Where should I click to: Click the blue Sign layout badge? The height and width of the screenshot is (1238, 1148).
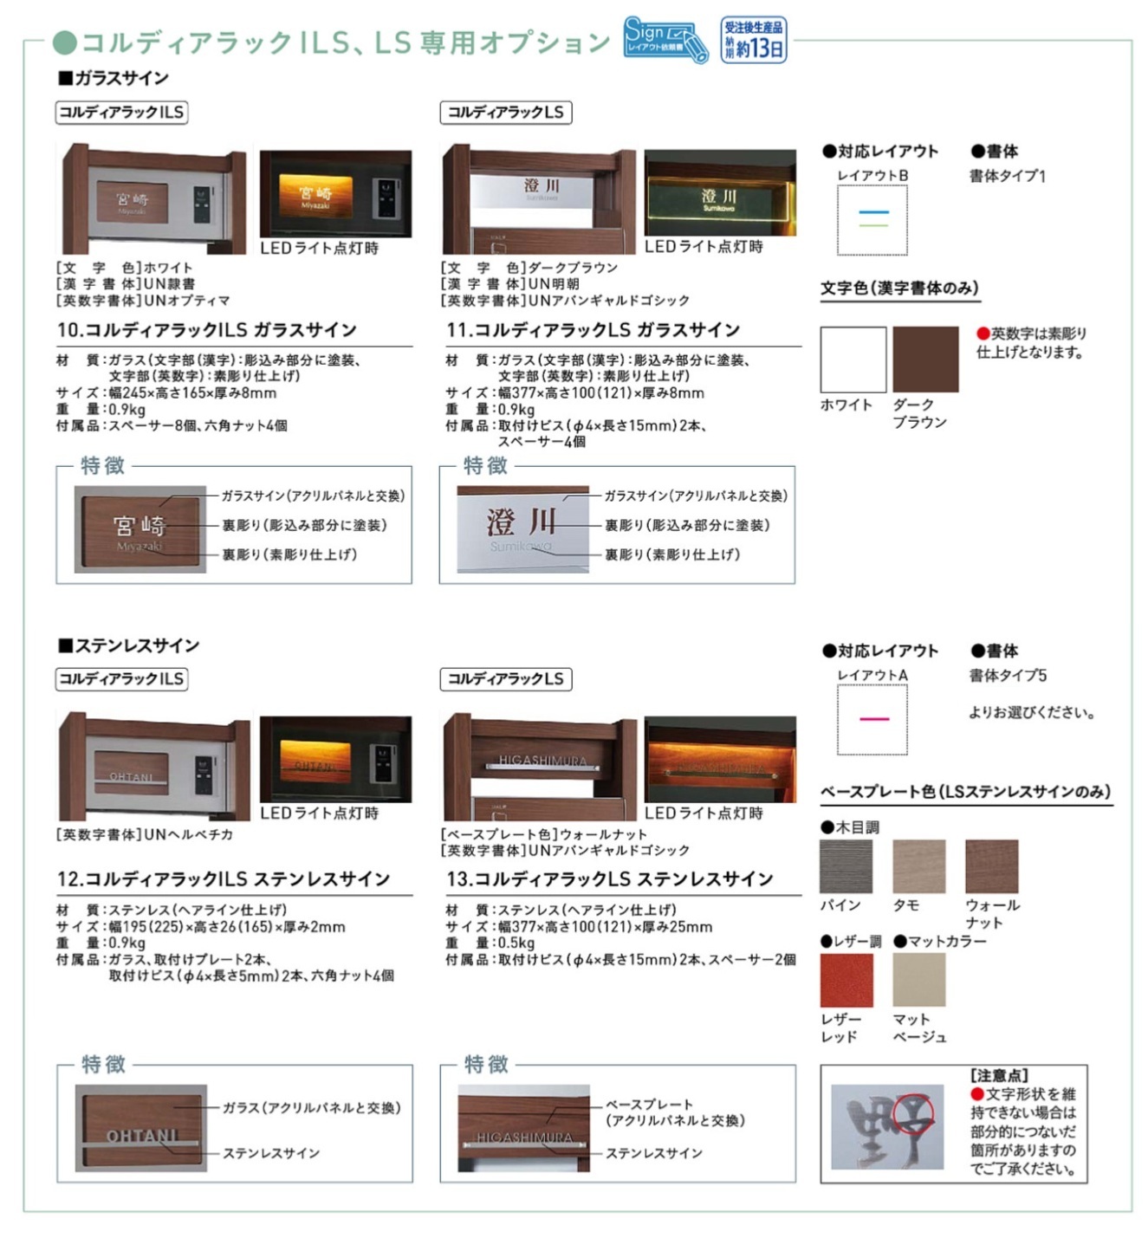tap(665, 40)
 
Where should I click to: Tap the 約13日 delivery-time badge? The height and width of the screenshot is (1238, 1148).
tap(754, 40)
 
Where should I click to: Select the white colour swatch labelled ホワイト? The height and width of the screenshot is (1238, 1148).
tap(853, 360)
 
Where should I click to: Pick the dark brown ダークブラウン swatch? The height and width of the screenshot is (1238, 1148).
tap(925, 360)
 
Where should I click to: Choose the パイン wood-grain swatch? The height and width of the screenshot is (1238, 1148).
tap(846, 865)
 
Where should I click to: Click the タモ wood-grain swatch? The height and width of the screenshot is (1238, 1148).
tap(919, 865)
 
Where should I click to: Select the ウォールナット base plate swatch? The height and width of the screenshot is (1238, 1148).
tap(992, 865)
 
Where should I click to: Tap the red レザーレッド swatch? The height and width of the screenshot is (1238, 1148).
tap(846, 980)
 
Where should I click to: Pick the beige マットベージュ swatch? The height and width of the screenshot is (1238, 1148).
tap(919, 980)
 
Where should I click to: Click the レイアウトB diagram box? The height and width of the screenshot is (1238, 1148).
tap(872, 220)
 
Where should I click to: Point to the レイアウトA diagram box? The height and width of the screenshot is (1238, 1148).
tap(872, 719)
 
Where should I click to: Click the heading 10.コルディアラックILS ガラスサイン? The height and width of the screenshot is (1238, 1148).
tap(207, 330)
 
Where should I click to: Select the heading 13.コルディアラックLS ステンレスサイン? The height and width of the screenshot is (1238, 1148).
tap(610, 879)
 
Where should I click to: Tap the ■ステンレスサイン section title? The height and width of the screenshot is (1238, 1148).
tap(129, 645)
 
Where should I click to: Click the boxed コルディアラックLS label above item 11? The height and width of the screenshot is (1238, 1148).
tap(506, 113)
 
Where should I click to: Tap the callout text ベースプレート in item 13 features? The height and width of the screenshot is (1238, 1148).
tap(649, 1105)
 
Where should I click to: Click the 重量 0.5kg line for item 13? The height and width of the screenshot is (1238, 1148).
tap(490, 943)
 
